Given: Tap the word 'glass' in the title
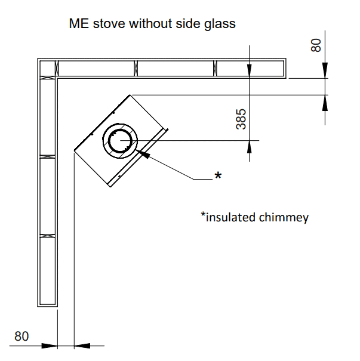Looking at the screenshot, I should (220, 24).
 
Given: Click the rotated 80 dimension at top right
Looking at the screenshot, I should (316, 45).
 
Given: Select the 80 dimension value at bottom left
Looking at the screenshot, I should (21, 336).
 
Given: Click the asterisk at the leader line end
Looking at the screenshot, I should (219, 175).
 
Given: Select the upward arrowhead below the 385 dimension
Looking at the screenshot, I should (250, 147).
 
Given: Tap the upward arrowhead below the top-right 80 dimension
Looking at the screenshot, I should (325, 103).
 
